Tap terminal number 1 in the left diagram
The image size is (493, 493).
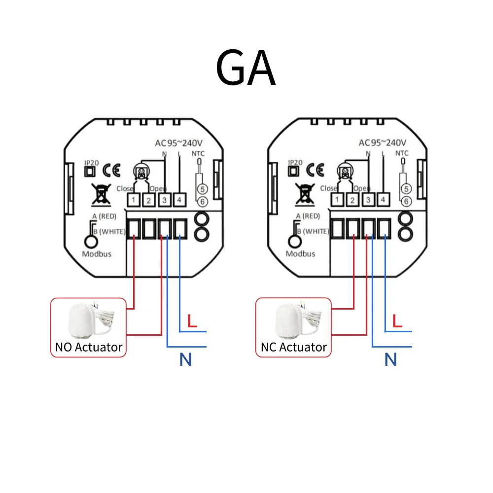coord(133,200)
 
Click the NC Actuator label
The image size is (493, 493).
coord(294,347)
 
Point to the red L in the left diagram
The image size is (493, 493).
coord(193,321)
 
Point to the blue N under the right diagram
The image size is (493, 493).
coord(390,360)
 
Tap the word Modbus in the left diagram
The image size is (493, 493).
coord(97,254)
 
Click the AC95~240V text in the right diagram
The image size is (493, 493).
coord(383,143)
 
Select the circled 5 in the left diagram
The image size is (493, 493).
coord(201,189)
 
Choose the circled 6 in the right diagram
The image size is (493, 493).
coord(406,201)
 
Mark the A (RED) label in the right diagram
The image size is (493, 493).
coord(308,216)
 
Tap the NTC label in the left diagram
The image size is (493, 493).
coord(198,153)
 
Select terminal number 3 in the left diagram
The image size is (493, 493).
coord(164,200)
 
